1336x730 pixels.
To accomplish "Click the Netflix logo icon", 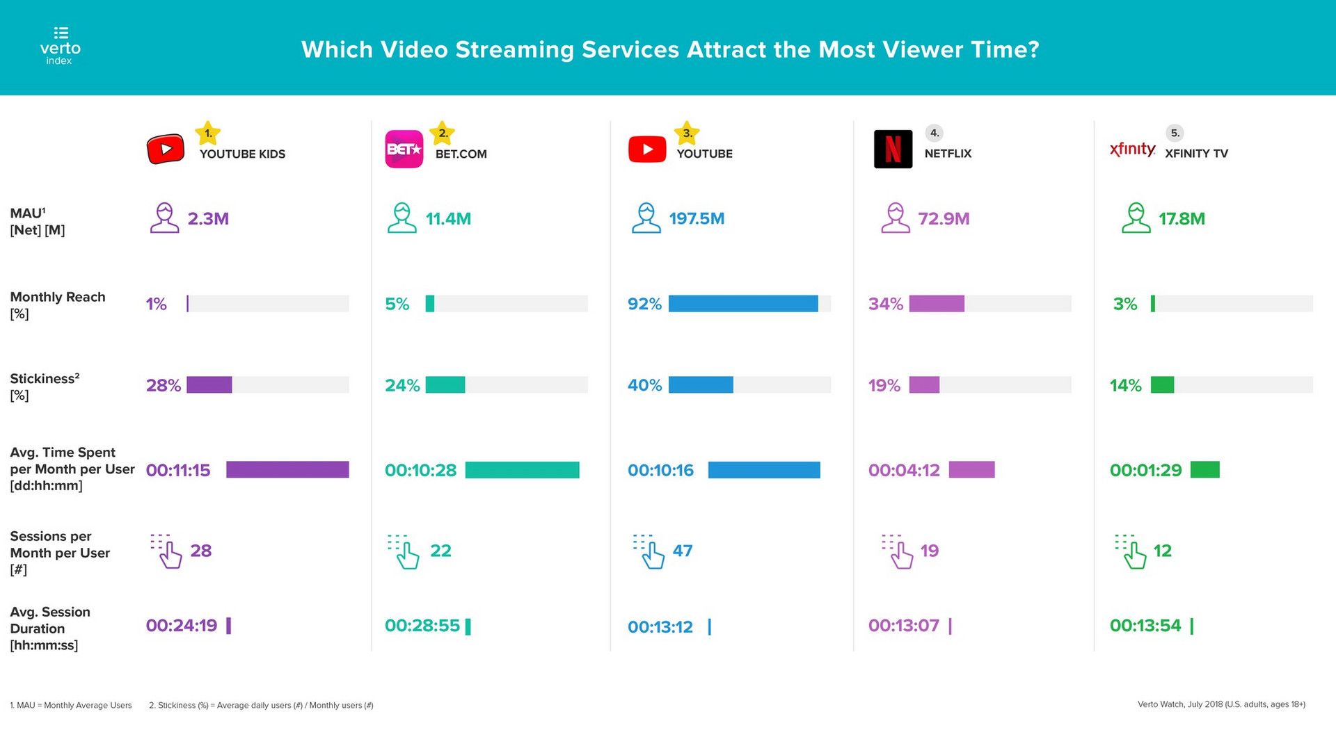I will tap(893, 149).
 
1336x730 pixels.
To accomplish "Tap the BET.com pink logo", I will tap(404, 149).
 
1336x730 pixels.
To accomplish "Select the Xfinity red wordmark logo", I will tap(1132, 149).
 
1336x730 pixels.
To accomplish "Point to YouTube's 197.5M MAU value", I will tap(697, 219).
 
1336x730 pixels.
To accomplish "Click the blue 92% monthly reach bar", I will tap(743, 304).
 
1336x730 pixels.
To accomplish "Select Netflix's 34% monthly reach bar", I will tap(937, 304).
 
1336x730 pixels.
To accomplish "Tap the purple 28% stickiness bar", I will tap(209, 385).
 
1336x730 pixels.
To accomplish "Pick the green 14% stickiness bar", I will tap(1162, 385).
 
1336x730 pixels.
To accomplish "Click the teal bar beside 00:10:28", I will tap(522, 470).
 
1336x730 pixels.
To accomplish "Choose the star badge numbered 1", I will tap(207, 133).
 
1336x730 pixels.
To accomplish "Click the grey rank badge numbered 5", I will tap(1175, 133).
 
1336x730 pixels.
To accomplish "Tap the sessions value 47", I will tap(683, 551).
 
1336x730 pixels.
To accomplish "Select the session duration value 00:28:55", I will tap(422, 626).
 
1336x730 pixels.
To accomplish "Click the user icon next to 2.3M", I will tap(164, 218).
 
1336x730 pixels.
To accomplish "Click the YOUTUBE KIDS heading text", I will tap(242, 154).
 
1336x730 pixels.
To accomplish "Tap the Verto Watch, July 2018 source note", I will tap(1221, 704).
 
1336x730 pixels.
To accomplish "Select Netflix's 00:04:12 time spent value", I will tap(904, 471).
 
